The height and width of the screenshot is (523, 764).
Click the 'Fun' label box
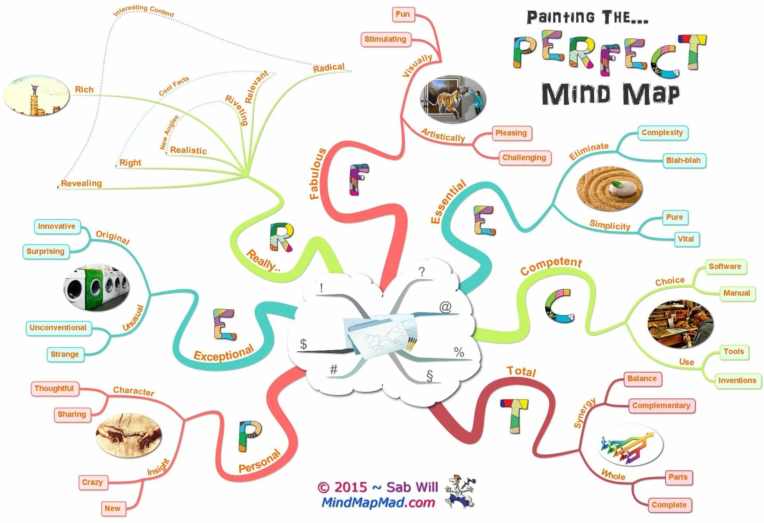[403, 14]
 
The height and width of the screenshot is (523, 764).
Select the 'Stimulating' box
[385, 39]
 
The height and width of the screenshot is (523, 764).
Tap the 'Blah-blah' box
[683, 161]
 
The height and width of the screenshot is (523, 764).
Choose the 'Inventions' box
[737, 380]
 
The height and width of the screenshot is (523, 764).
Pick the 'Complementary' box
[661, 405]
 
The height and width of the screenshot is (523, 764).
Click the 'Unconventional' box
[58, 328]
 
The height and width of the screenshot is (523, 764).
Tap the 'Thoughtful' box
[54, 388]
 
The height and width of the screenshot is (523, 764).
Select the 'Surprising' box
[45, 251]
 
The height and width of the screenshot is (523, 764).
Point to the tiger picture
[453, 99]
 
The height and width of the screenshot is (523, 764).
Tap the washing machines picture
[97, 286]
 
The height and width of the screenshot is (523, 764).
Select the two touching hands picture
[129, 435]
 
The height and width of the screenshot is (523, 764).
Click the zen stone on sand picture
[609, 189]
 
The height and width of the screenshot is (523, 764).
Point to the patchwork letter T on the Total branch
[514, 415]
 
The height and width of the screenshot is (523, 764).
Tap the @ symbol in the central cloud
[445, 307]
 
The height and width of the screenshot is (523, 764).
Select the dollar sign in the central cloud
[303, 344]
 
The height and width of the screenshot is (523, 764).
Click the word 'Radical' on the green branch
[329, 68]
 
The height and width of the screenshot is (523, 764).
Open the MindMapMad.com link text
[378, 503]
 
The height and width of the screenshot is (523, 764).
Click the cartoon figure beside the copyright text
[460, 491]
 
